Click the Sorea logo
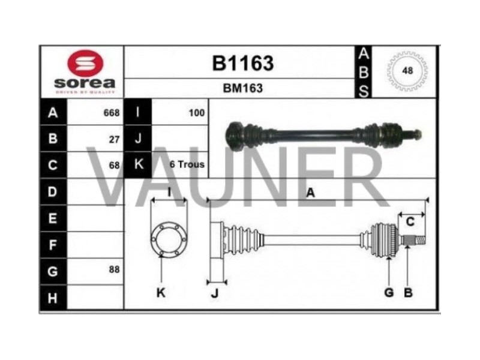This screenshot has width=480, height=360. tap(84, 71)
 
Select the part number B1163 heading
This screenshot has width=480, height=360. tap(242, 63)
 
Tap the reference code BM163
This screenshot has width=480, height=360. tap(242, 88)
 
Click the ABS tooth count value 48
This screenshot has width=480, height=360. tap(407, 71)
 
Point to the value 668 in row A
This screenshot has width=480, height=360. tap(112, 113)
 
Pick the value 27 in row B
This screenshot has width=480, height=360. tap(114, 139)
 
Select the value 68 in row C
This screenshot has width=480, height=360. tap(114, 165)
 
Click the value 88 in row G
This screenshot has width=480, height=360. tap(114, 269)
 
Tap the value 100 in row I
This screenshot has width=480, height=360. tap(197, 113)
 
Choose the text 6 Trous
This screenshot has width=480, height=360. tap(187, 164)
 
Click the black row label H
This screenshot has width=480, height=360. tap(53, 297)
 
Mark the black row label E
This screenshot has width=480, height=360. tap(53, 218)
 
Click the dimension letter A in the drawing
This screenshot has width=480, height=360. tap(310, 193)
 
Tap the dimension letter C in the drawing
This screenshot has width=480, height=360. tap(410, 222)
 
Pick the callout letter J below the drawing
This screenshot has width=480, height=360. tap(215, 293)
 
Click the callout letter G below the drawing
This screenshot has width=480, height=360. tap(389, 293)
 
